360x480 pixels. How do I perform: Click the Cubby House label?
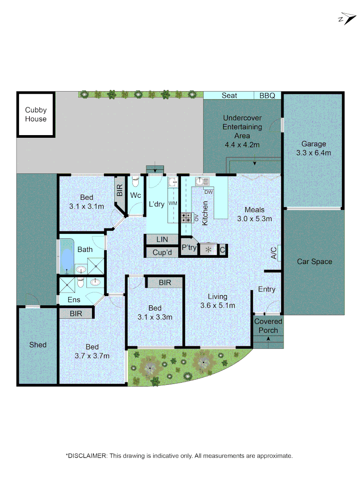coord(36,114)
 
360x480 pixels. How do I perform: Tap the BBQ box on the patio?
coord(267,96)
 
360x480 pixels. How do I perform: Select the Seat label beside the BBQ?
coord(229,96)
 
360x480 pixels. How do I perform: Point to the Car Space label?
coord(314,261)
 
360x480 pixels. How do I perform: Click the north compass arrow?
coord(347,19)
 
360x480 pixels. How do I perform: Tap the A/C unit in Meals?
coord(274,253)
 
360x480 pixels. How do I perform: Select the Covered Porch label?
coord(268,326)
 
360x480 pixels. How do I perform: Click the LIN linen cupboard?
coord(162,240)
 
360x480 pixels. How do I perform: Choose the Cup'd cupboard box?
coord(162,252)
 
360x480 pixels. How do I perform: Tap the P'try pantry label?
coord(189,248)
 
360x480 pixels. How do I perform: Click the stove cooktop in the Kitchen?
coord(185,217)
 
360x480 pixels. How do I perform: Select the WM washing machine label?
coord(172,203)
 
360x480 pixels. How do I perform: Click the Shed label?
coord(38,344)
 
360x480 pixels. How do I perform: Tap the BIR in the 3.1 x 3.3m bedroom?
coord(165,282)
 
